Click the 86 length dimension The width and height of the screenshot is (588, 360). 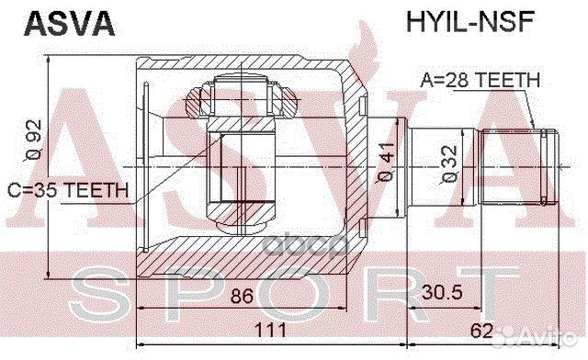click(x=242, y=298)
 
